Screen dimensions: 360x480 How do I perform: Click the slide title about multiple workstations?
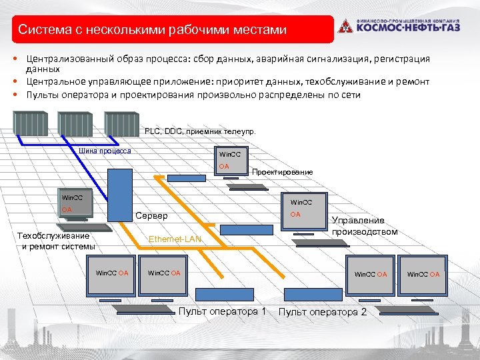[152, 30]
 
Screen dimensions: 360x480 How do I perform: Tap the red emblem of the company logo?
[344, 27]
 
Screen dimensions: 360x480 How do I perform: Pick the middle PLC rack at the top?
[75, 123]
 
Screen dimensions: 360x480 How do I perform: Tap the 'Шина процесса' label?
[105, 151]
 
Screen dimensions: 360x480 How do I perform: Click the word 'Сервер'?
[151, 216]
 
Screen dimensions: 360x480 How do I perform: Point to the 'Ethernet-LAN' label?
[175, 239]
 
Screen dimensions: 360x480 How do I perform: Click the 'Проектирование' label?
[282, 172]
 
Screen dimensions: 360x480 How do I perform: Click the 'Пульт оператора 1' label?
[223, 311]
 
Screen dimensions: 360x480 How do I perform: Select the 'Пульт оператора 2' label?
[322, 312]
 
